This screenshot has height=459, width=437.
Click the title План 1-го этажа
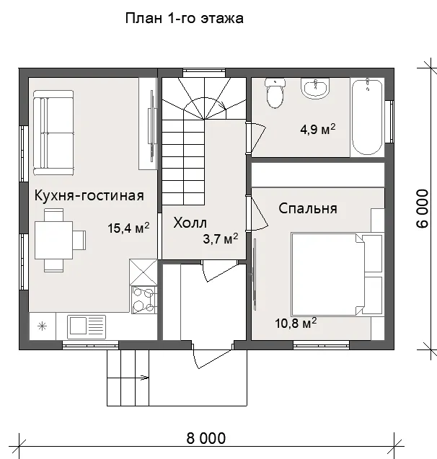[x=184, y=19]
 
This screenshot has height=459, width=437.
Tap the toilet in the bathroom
[x=275, y=93]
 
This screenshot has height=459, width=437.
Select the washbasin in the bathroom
[x=315, y=88]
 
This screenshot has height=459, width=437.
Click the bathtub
[x=367, y=116]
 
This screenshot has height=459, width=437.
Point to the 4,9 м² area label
[x=318, y=129]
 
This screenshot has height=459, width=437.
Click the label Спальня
[x=307, y=208]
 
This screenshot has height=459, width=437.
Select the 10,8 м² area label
[x=296, y=323]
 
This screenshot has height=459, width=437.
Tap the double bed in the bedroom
[x=337, y=275]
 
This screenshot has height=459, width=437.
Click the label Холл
[x=190, y=223]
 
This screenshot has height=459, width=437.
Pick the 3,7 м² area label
[x=221, y=239]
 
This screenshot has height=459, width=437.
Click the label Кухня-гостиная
[x=89, y=195]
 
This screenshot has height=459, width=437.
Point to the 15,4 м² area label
[x=128, y=228]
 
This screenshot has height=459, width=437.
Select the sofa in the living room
[x=53, y=133]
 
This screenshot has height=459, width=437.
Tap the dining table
[x=54, y=240]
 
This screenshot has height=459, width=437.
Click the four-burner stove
[x=144, y=300]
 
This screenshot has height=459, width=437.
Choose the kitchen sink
[x=87, y=326]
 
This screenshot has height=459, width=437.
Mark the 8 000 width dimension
[x=206, y=438]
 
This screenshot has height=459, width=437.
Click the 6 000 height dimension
[x=422, y=208]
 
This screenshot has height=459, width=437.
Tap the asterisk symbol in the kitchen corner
[x=42, y=326]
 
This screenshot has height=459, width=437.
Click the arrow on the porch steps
[x=144, y=378]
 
